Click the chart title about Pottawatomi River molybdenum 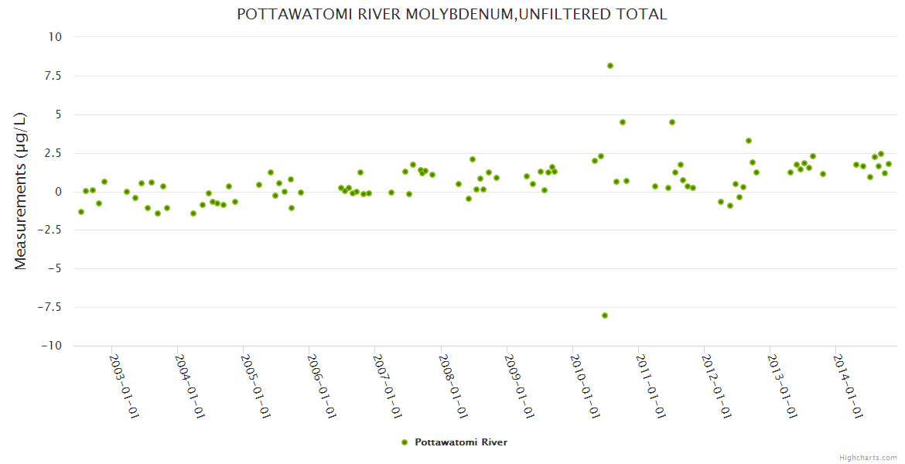tap(452, 14)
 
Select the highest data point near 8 tap(610, 66)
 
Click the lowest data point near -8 tap(605, 316)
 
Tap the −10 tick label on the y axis tap(50, 346)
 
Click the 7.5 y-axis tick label tap(53, 76)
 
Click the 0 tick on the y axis tap(58, 192)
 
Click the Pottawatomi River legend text tap(461, 442)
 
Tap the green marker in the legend tap(404, 442)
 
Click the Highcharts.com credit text tap(868, 457)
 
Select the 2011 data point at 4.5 tap(672, 122)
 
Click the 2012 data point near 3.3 tap(749, 141)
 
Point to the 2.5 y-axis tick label tap(53, 153)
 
